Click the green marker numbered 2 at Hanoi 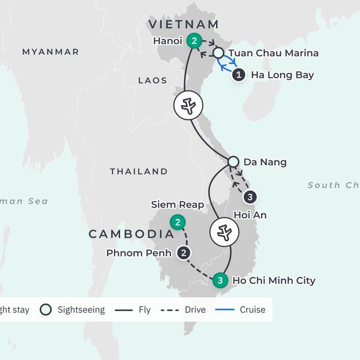tap(194, 41)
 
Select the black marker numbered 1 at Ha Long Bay tap(239, 75)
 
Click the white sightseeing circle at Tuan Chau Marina tap(218, 53)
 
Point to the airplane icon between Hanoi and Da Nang tap(188, 106)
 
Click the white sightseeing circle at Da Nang tap(233, 161)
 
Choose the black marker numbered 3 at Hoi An tap(251, 196)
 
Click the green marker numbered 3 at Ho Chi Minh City tap(221, 280)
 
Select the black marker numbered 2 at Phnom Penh tap(184, 253)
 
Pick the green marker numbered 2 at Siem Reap tap(178, 223)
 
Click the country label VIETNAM tap(184, 24)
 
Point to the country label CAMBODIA tap(127, 234)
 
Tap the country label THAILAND tap(139, 172)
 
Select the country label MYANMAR tap(50, 52)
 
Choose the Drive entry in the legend tap(190, 310)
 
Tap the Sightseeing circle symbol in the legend tap(45, 310)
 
